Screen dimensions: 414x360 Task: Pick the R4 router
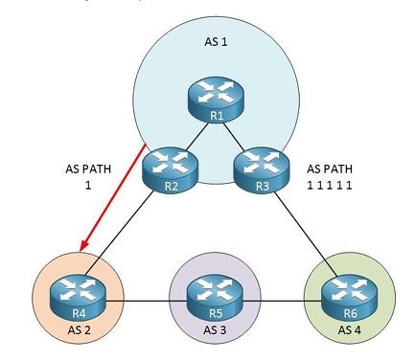78,297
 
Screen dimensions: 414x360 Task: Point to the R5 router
215,297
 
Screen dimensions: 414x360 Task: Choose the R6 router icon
349,297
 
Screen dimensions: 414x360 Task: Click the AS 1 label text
216,42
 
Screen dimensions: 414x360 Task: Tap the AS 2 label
80,329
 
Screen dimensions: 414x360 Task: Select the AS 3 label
215,329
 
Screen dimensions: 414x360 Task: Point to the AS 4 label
350,329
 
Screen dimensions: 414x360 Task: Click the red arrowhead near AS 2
83,246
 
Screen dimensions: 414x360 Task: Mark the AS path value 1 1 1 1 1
330,185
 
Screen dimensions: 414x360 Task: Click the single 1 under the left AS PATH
88,185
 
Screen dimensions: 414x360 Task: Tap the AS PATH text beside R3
330,169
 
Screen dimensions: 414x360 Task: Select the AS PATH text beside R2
88,169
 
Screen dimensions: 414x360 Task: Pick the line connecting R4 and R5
147,301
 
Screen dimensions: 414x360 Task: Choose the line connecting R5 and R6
282,301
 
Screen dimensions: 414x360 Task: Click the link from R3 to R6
306,234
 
